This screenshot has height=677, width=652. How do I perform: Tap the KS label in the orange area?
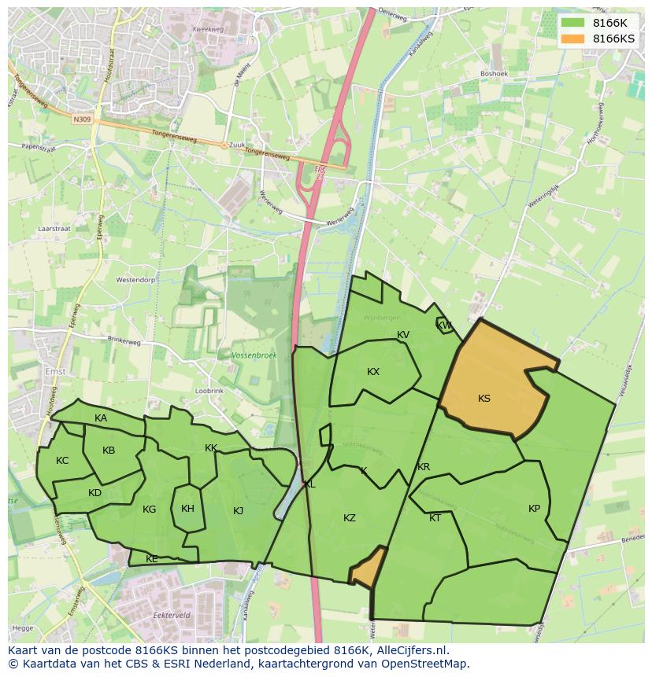coord(484,399)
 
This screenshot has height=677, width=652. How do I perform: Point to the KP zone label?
coord(535,509)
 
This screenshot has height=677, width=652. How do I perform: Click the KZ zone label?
coord(350,517)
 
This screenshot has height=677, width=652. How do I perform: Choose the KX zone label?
coord(373,372)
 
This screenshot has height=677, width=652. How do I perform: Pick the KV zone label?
coord(403,335)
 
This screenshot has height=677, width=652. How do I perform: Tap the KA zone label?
coord(101,418)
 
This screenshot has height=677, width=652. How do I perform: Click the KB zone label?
coord(109,451)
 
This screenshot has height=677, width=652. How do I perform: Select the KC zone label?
coord(62,461)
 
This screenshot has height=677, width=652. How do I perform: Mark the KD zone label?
coord(94,493)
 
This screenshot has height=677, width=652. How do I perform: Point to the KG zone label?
coord(149,510)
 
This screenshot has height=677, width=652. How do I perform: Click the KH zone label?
coord(187,509)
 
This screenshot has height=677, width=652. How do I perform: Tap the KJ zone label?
coord(238,511)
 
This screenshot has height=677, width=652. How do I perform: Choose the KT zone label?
coord(435,518)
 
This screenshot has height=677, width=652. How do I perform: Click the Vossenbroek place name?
coord(254,356)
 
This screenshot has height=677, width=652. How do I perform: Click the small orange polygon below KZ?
coord(367,569)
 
